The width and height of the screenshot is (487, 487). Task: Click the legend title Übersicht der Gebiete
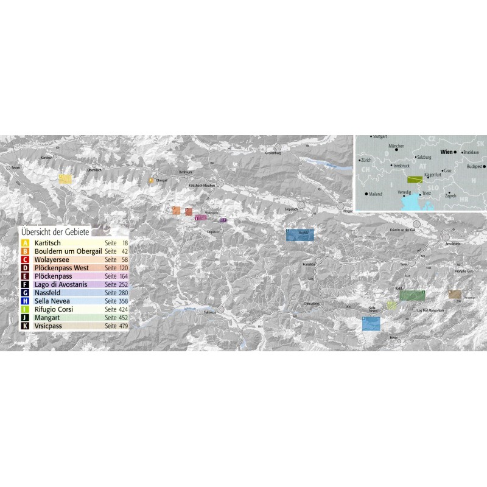[x=55, y=232]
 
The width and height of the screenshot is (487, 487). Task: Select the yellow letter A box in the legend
[x=25, y=243]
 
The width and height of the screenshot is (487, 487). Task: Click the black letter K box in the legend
[x=25, y=326]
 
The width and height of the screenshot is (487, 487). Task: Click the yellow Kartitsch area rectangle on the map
[x=65, y=179]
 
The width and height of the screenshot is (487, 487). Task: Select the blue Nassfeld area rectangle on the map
[x=300, y=235]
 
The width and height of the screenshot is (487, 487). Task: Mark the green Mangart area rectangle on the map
[x=412, y=295]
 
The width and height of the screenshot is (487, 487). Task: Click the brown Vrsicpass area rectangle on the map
[x=455, y=295]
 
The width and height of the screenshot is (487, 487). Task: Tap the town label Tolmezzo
[x=209, y=313]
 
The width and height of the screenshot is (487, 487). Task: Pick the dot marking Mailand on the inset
[x=366, y=194]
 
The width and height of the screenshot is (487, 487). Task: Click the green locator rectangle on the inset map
[x=415, y=180]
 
